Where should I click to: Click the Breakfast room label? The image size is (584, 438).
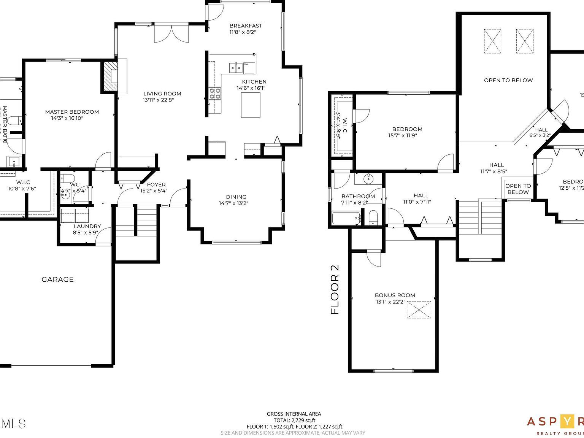(246, 26)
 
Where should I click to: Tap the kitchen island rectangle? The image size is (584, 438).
(251, 105)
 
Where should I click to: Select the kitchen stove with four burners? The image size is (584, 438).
(215, 94)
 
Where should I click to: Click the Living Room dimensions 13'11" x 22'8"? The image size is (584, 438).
(158, 100)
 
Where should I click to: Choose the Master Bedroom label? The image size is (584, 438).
(72, 112)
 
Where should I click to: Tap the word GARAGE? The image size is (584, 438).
(57, 279)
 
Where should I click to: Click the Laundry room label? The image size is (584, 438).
(87, 226)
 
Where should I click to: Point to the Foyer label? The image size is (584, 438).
(156, 185)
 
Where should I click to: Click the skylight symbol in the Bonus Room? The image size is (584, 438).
(419, 309)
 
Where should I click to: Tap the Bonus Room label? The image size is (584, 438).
(395, 295)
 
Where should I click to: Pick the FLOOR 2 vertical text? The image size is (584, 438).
(335, 289)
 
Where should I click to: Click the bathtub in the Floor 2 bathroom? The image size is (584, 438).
(346, 219)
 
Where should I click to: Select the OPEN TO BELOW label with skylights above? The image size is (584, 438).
(508, 80)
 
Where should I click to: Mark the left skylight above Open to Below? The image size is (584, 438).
(492, 41)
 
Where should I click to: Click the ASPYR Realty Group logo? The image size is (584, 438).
(555, 425)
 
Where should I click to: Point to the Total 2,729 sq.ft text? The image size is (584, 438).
(294, 420)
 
